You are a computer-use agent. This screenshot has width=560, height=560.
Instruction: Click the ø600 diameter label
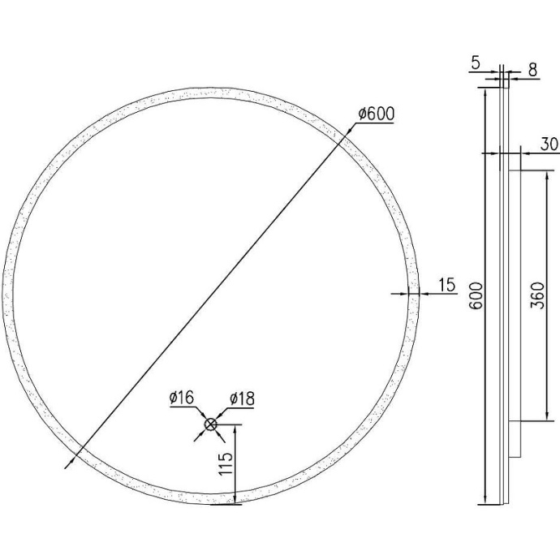click(x=375, y=114)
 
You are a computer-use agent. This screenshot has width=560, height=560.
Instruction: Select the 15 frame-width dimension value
click(x=447, y=284)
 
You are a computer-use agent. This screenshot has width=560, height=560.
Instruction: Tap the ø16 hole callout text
click(x=181, y=398)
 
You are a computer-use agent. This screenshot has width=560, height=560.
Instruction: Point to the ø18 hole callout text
click(x=242, y=398)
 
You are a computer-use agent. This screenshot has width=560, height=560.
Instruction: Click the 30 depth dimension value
click(x=549, y=144)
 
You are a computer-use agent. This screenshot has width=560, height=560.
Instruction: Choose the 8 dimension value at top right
click(x=532, y=71)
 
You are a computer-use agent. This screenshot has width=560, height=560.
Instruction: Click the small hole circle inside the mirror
click(x=210, y=424)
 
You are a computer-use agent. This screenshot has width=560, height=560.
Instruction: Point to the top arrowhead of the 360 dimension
click(x=536, y=172)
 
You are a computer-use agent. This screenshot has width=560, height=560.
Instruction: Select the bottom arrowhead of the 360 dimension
click(x=536, y=420)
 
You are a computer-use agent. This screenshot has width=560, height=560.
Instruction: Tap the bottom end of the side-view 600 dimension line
click(x=485, y=503)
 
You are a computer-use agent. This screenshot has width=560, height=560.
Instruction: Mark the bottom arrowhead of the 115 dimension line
click(x=235, y=502)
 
